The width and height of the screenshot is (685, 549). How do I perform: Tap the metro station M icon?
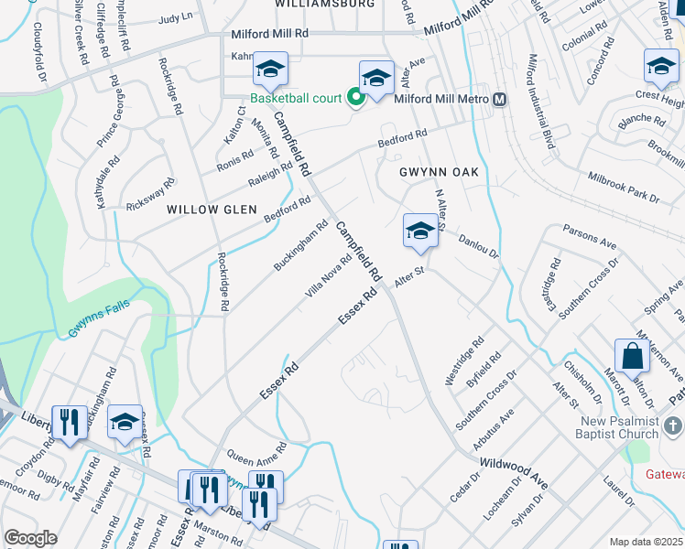coord(500,100)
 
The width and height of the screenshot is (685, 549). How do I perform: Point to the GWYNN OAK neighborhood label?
coord(434,172)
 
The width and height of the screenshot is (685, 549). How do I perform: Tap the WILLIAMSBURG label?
coord(313,5)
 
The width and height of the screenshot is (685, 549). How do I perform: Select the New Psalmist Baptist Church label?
coord(605,427)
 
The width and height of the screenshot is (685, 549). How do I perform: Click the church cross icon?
coord(672,426)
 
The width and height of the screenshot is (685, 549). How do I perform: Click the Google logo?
coord(31,537)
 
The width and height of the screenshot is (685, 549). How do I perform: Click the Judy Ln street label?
coord(176,17)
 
